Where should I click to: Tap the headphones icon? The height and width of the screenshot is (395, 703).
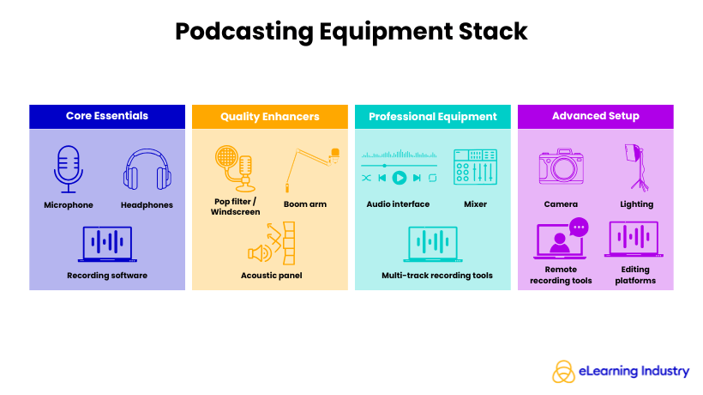(x=142, y=170)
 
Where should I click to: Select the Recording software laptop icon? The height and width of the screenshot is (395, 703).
(x=106, y=244)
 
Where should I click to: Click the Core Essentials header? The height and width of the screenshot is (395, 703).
(x=107, y=116)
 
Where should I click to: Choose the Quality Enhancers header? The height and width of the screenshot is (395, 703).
(x=269, y=117)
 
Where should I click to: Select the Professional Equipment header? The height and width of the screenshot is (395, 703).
(x=433, y=117)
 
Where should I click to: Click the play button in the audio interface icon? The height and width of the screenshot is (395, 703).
(x=399, y=178)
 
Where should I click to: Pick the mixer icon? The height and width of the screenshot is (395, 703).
(x=475, y=168)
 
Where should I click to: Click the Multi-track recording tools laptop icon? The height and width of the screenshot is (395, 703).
(x=432, y=244)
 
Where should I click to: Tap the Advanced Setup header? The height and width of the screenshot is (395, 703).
(x=595, y=116)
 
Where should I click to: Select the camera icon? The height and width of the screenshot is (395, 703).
(x=561, y=168)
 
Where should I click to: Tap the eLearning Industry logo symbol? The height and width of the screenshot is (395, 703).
(x=562, y=371)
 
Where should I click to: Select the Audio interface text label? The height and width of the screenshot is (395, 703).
(x=398, y=204)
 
